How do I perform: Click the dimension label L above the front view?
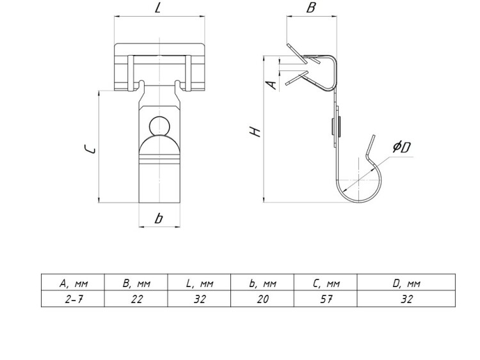157,9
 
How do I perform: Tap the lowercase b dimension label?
159,218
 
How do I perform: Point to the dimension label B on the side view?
312,8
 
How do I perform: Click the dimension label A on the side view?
271,84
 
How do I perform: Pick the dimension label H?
255,132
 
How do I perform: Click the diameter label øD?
402,148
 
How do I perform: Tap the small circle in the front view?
158,125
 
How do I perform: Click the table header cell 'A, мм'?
73,283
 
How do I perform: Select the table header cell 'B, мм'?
136,283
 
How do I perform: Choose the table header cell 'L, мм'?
200,283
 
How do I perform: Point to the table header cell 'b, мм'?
262,283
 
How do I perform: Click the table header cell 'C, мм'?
326,283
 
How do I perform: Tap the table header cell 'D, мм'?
406,283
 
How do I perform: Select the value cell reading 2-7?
73,299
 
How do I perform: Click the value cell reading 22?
136,299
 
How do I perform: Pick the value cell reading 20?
262,299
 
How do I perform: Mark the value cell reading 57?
326,299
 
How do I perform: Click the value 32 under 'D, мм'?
406,299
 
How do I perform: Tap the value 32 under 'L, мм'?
200,299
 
